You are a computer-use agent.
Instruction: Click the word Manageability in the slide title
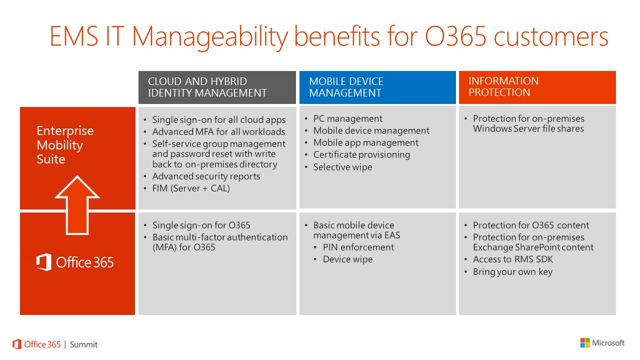[x=210, y=36]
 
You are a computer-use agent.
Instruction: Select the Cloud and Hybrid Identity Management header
[x=207, y=87]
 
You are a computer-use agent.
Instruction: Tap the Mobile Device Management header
[x=346, y=87]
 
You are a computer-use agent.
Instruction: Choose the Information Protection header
[x=503, y=86]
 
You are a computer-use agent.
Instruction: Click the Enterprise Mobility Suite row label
[x=65, y=145]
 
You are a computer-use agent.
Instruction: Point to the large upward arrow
[x=77, y=205]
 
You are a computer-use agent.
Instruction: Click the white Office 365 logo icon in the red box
[x=43, y=262]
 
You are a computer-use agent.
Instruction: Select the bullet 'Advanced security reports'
[x=206, y=176]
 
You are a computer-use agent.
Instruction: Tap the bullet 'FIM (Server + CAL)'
[x=191, y=188]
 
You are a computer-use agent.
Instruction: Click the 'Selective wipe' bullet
[x=342, y=167]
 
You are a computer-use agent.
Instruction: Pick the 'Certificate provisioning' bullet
[x=361, y=154]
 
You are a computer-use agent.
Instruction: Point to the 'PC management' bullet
[x=347, y=118]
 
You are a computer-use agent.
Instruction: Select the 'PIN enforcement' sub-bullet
[x=358, y=247]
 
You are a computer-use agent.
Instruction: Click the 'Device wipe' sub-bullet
[x=347, y=259]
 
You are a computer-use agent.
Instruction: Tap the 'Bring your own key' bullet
[x=512, y=271]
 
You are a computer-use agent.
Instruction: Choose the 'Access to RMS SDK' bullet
[x=513, y=259]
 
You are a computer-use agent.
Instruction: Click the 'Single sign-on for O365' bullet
[x=201, y=225]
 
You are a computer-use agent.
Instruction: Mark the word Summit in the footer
[x=83, y=344]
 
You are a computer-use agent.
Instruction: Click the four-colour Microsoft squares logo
[x=585, y=343]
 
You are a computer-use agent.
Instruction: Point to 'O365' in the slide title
[x=455, y=36]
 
